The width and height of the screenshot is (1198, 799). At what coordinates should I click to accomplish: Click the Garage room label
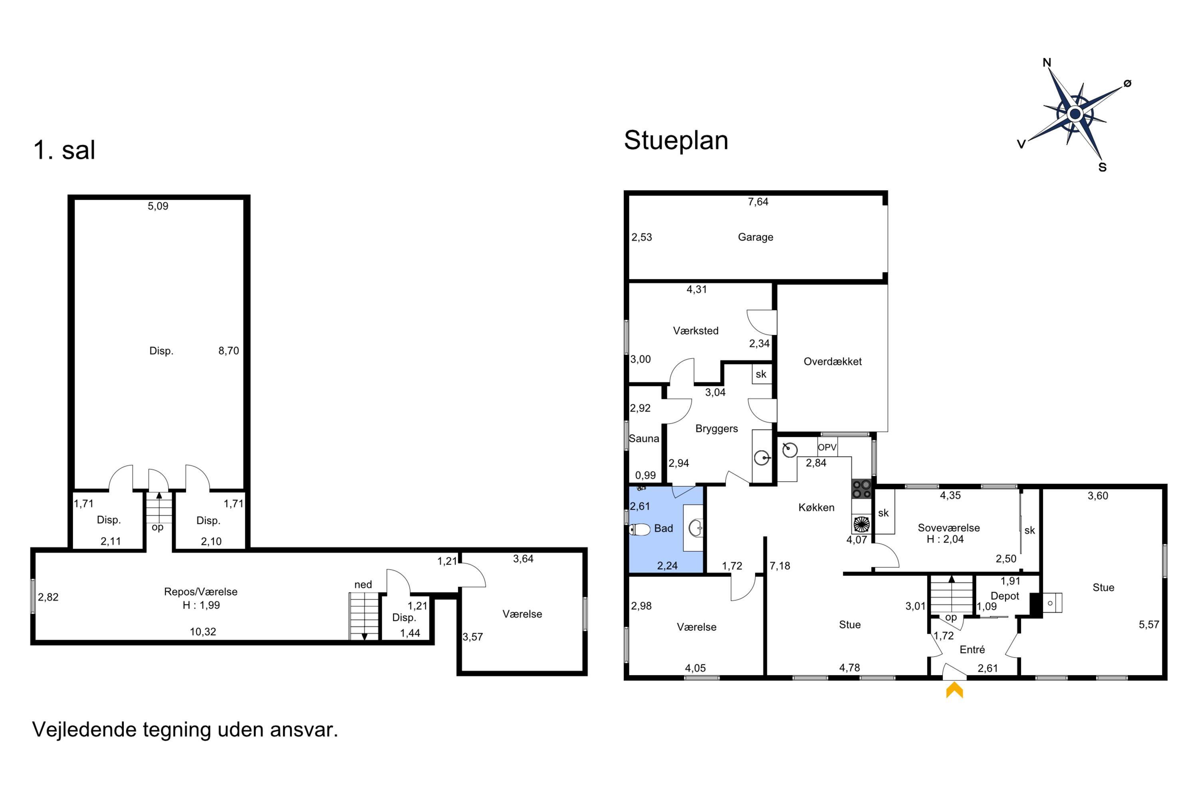(756, 237)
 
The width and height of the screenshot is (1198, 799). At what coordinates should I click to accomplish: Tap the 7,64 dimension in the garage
(758, 202)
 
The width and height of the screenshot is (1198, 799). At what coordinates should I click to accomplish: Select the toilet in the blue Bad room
(640, 529)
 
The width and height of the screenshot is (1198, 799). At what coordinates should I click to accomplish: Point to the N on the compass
(1047, 63)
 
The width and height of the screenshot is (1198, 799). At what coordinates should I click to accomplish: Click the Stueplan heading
(676, 140)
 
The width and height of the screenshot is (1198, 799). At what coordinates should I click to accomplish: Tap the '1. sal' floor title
(64, 150)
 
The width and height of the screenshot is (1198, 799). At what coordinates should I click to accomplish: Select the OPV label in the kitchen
(827, 447)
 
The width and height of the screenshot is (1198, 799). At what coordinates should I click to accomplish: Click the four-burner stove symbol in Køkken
(861, 489)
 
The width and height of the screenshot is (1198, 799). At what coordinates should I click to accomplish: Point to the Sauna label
(644, 438)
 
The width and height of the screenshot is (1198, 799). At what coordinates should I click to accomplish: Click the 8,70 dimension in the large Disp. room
(229, 351)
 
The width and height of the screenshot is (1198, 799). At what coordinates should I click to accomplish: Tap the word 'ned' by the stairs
(363, 584)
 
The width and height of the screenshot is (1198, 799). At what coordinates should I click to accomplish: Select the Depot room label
(1004, 596)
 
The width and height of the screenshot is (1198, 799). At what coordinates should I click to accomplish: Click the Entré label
(972, 649)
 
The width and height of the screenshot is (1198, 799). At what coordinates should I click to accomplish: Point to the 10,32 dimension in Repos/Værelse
(203, 632)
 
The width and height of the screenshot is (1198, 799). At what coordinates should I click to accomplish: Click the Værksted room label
(695, 331)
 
